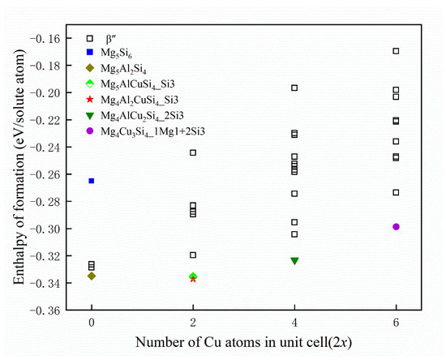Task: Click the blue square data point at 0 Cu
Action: point(92,181)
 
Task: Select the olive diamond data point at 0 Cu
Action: point(92,276)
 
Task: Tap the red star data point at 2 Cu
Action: point(193,278)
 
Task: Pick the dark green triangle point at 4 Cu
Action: point(294,261)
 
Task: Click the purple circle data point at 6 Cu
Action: point(396,226)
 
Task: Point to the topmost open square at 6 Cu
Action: point(396,51)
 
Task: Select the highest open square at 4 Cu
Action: point(294,88)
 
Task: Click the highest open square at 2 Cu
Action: point(193,152)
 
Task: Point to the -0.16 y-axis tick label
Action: point(56,39)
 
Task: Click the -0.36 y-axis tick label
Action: point(56,310)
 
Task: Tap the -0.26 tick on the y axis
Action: point(56,174)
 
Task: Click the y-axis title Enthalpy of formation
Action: point(18,174)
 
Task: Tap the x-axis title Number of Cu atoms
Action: point(243,344)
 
